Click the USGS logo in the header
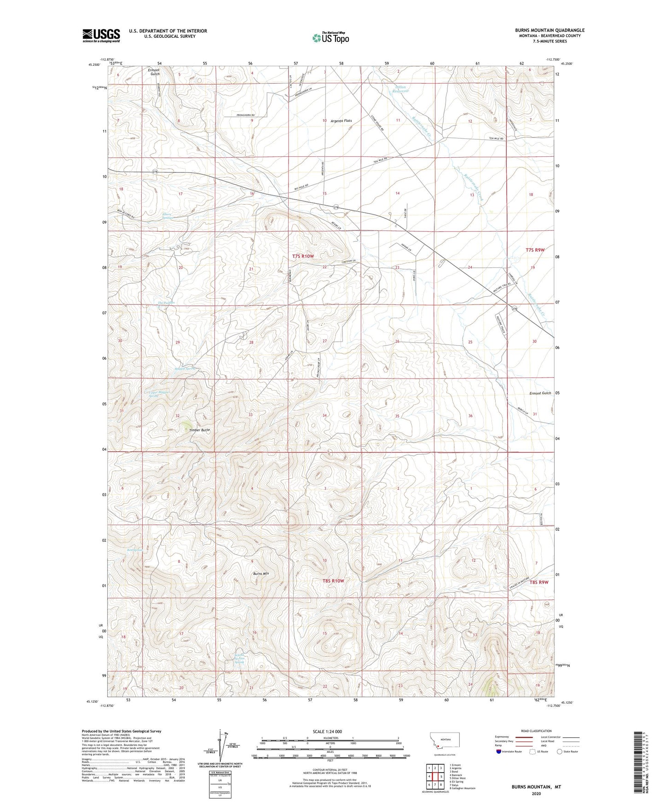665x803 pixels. [x=101, y=35]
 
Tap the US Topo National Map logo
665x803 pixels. [x=330, y=37]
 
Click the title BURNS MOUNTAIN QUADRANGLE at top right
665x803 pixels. [x=549, y=30]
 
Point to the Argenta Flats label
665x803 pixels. [x=341, y=121]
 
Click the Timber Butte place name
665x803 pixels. [x=200, y=430]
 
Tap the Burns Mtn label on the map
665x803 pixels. [x=261, y=574]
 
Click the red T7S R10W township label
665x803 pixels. [x=303, y=256]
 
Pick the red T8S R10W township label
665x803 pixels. [x=333, y=581]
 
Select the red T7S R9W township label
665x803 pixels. [x=535, y=250]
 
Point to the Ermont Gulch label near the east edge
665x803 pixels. [x=540, y=393]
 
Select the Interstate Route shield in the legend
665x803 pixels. [x=499, y=751]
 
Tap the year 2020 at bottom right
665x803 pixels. [x=536, y=793]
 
